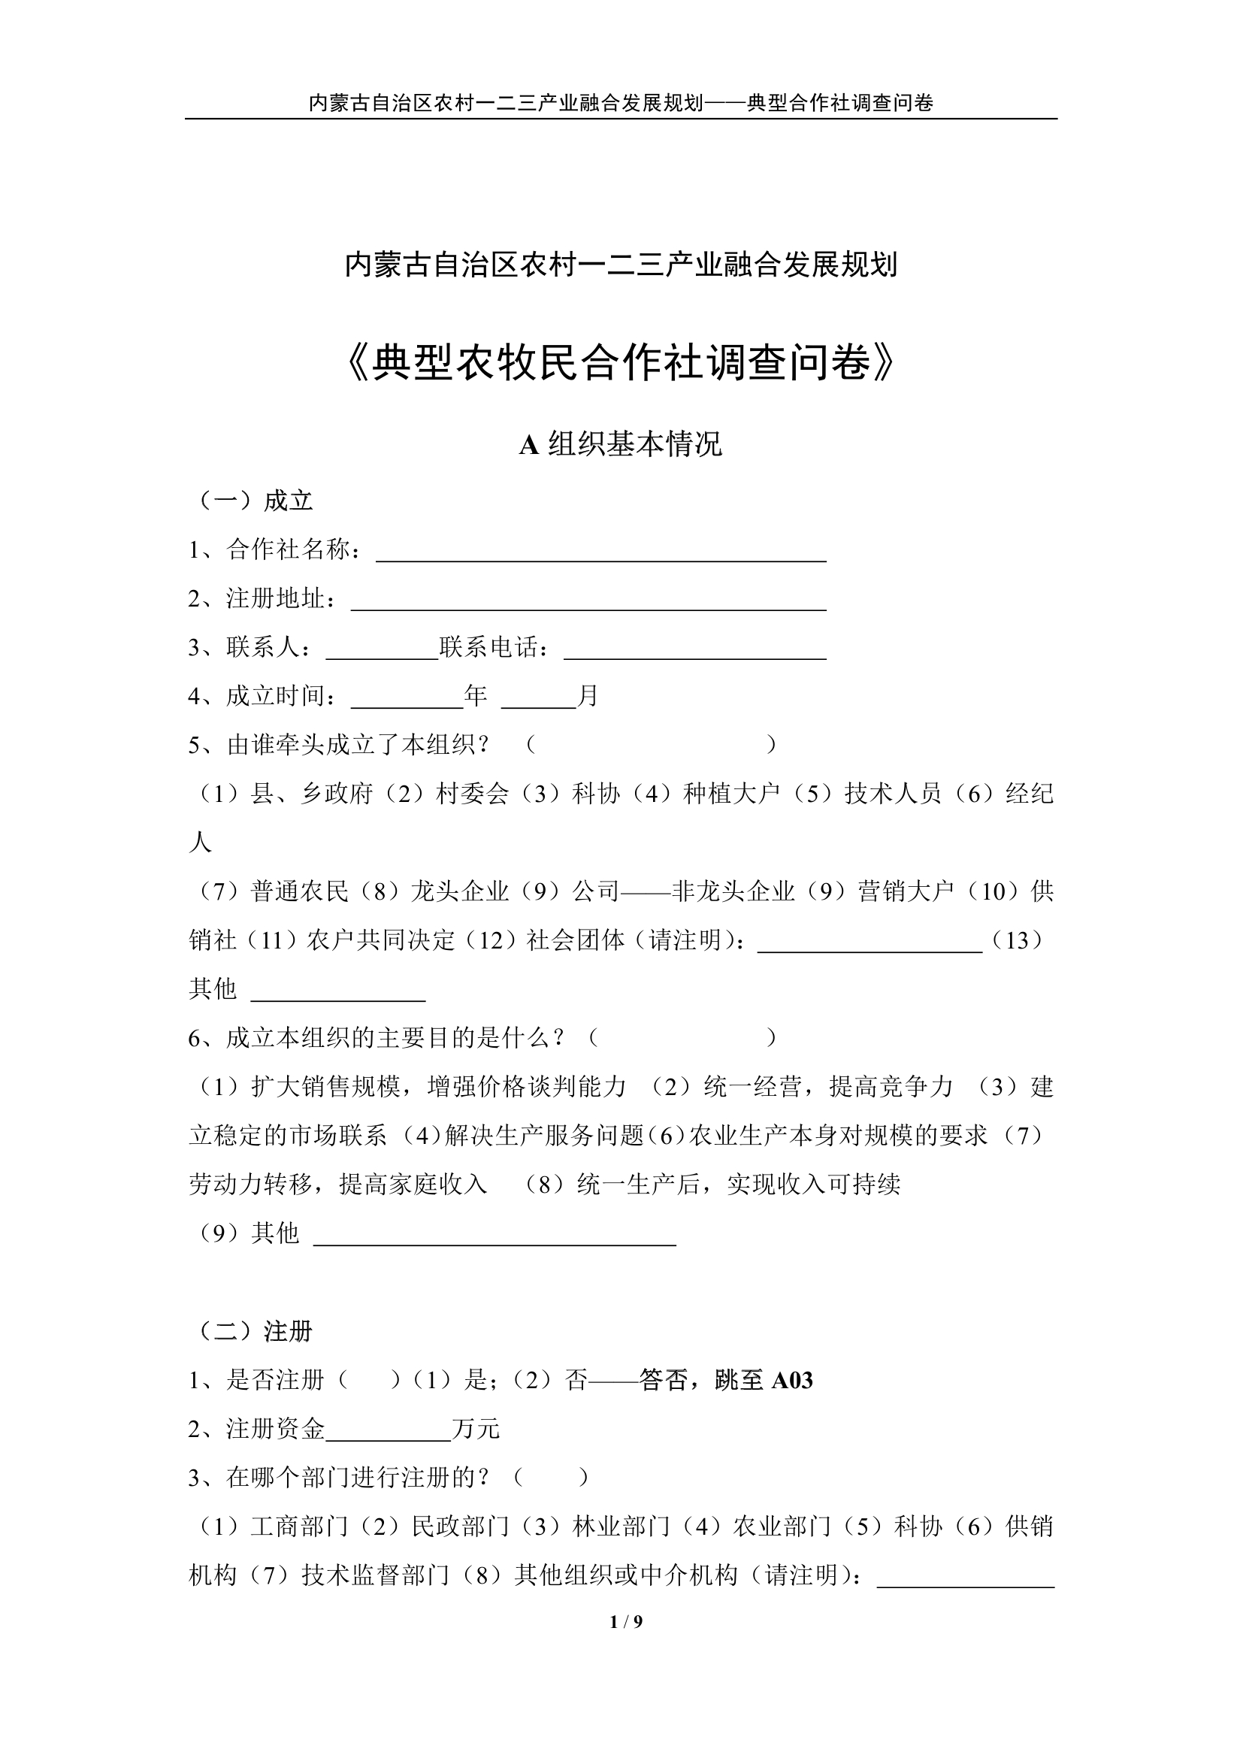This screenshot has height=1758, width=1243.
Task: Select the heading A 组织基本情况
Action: point(621,445)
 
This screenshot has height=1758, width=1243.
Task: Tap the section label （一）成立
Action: point(252,501)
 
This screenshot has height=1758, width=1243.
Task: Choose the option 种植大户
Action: point(731,794)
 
